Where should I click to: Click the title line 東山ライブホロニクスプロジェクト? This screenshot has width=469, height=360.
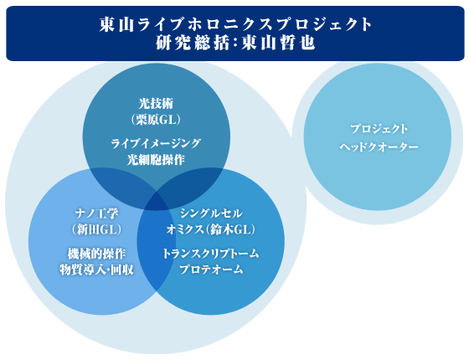[x=235, y=24]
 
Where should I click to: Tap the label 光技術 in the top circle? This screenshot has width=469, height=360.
[x=156, y=104]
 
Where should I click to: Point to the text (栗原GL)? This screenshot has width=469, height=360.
[x=156, y=120]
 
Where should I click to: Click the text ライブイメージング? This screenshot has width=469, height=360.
[x=156, y=143]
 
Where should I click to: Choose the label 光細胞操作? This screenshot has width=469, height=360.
[x=156, y=160]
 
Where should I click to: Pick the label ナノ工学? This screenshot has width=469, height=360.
[x=96, y=213]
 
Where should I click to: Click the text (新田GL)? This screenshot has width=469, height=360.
[x=96, y=229]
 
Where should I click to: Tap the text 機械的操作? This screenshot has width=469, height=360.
[x=96, y=254]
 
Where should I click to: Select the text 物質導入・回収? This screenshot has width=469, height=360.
[x=96, y=270]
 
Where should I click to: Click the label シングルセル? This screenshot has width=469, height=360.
[x=211, y=213]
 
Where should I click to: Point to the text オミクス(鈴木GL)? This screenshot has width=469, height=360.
[x=211, y=229]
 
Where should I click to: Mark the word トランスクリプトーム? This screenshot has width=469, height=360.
[x=211, y=254]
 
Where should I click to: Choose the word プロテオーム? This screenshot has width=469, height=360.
[x=211, y=270]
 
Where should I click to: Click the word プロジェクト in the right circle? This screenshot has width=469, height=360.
[x=379, y=129]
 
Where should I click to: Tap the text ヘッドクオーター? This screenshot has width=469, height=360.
[x=379, y=147]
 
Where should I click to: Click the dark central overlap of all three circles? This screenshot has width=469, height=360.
[x=156, y=201]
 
